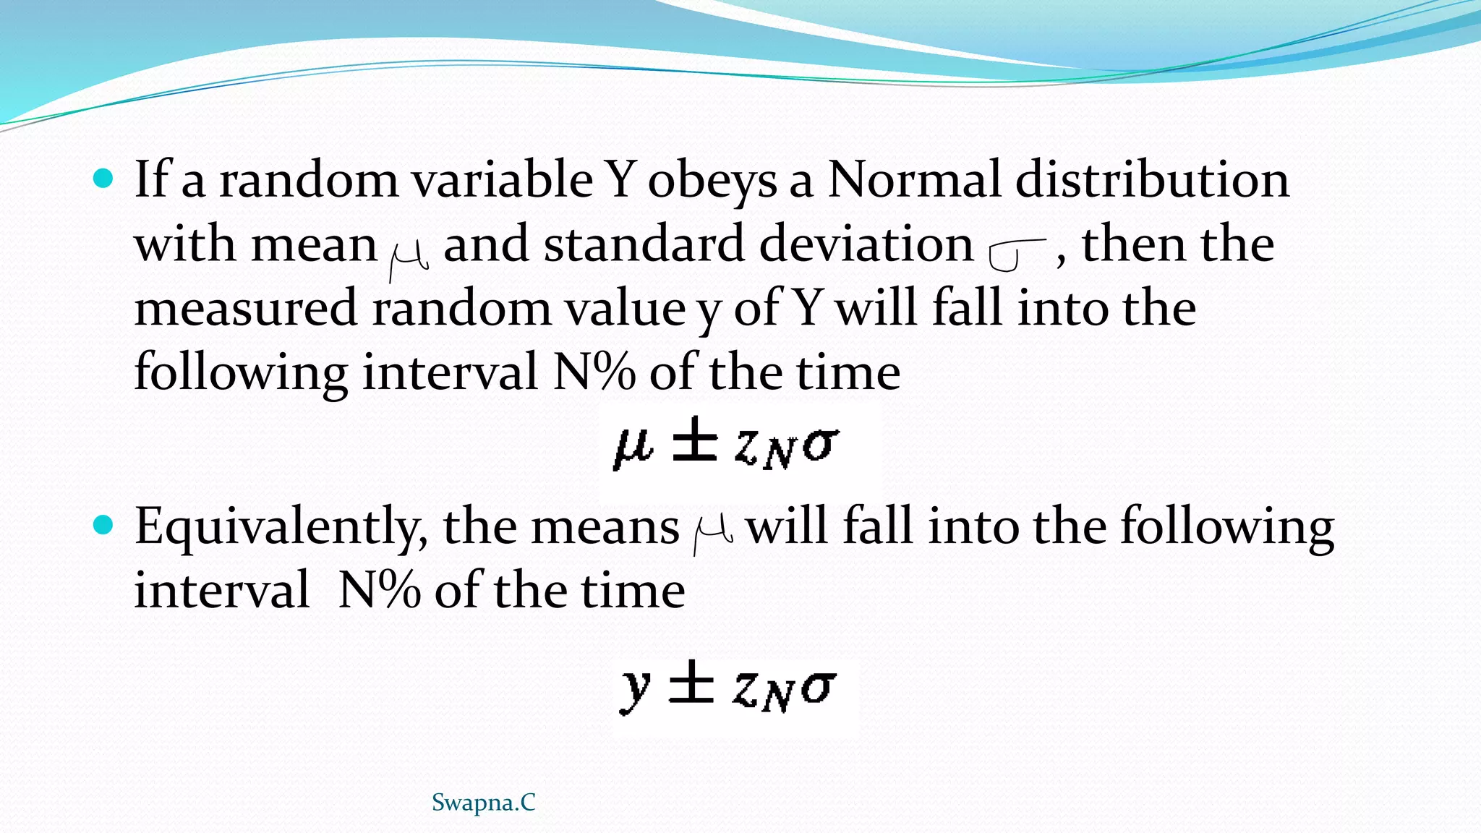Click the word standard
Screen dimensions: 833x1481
(x=644, y=244)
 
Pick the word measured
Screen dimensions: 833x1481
(x=246, y=308)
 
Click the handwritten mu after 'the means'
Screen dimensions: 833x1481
(x=712, y=536)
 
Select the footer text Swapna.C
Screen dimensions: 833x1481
(x=483, y=803)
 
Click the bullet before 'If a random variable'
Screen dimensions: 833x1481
(x=104, y=178)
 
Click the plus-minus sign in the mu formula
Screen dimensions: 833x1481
(x=694, y=443)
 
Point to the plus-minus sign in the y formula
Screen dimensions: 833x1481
(x=691, y=683)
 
